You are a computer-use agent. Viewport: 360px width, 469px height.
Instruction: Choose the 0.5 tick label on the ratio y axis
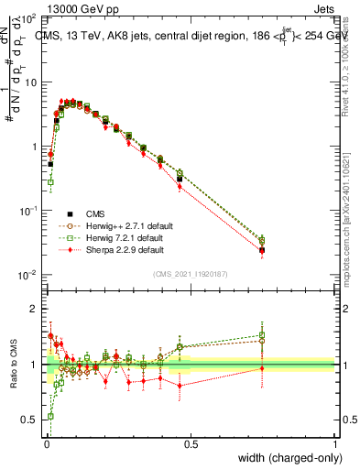click(30, 420)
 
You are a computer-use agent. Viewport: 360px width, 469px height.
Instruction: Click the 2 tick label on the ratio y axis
click(35, 309)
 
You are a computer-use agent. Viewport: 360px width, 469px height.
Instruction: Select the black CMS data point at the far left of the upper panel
click(51, 164)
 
